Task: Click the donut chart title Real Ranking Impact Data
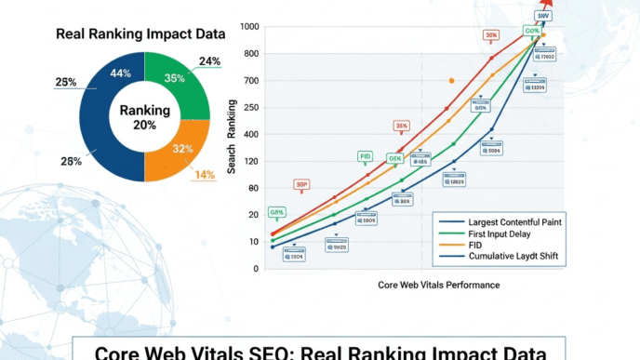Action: click(x=140, y=34)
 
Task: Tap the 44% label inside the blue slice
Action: click(x=120, y=73)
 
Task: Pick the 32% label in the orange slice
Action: click(x=182, y=148)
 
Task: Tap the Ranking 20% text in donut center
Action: click(x=144, y=117)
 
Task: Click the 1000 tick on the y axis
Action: click(x=248, y=26)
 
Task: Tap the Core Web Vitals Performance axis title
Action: click(x=438, y=285)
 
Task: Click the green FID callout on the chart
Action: click(x=366, y=156)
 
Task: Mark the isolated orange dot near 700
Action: click(x=452, y=81)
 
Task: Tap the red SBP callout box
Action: click(x=302, y=184)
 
